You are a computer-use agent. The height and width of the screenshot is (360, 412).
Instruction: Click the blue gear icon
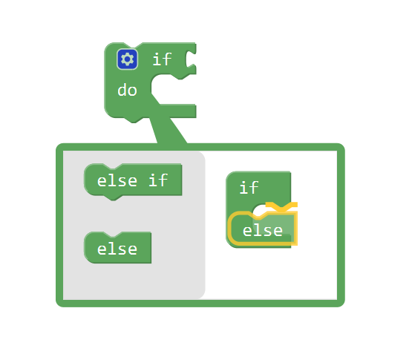pos(127,59)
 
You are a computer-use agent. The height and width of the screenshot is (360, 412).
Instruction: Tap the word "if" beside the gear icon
pos(162,59)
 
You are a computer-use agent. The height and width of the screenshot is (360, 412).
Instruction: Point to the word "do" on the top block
pos(127,90)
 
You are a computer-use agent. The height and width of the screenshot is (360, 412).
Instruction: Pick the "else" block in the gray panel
pos(117,247)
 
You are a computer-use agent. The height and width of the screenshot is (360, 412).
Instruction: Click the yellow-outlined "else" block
pos(263,229)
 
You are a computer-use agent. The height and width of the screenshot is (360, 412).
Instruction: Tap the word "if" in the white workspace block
pos(249,188)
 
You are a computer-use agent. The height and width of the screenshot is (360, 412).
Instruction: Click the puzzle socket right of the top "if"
pos(191,59)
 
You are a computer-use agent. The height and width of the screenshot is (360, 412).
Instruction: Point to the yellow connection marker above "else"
pos(281,206)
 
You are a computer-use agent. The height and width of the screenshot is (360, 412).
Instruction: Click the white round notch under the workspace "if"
pos(261,209)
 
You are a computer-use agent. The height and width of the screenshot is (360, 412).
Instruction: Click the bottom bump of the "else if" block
pos(114,197)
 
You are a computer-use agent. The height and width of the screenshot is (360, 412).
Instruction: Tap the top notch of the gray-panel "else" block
pos(113,235)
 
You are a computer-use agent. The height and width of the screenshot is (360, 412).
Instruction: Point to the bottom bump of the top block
pos(134,120)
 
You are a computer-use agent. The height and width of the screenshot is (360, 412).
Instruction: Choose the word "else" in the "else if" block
pos(117,181)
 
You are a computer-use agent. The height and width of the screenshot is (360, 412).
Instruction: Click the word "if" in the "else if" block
pos(158,180)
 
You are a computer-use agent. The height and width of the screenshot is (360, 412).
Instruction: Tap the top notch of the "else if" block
pos(113,166)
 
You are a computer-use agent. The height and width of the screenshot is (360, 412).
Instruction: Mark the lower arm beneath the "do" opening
pos(177,111)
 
